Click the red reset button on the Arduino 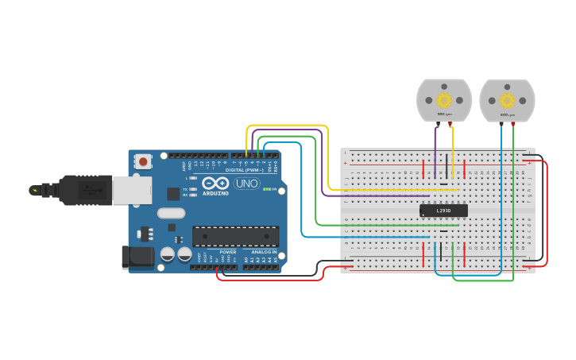click(x=143, y=161)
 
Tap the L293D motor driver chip click(x=443, y=210)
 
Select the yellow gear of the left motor click(x=444, y=100)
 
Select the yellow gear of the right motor click(x=507, y=100)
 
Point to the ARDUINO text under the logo click(x=215, y=193)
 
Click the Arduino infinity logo click(x=215, y=183)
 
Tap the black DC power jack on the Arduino click(x=137, y=257)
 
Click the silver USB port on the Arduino click(x=131, y=191)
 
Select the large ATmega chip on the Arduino click(x=236, y=236)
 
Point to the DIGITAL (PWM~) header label click(x=245, y=169)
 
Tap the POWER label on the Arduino click(x=228, y=252)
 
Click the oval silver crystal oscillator click(x=171, y=213)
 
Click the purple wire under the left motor click(x=435, y=151)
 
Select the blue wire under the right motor click(x=501, y=159)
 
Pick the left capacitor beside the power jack click(x=168, y=254)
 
